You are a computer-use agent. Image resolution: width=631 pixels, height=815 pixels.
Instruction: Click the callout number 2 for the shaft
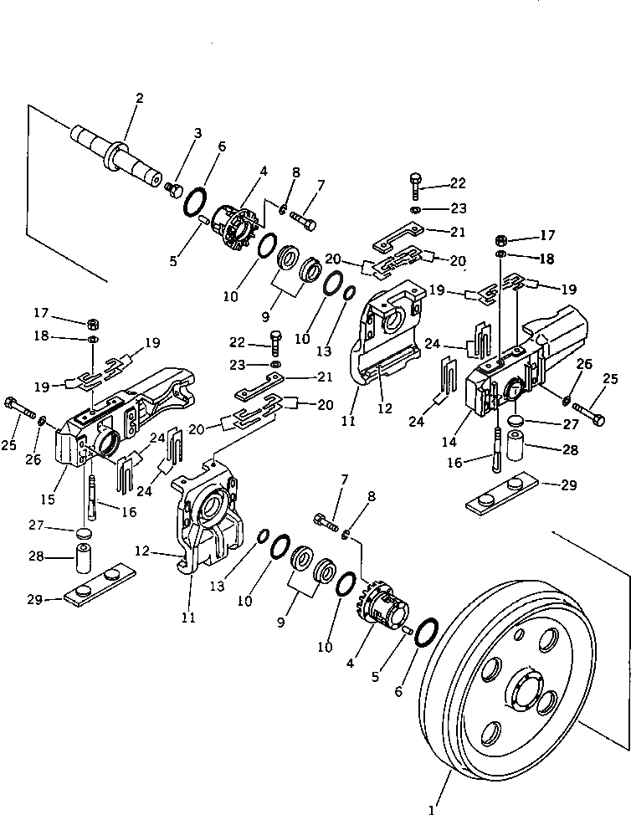click(x=139, y=100)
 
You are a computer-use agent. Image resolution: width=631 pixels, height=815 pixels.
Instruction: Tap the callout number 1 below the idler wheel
click(x=432, y=808)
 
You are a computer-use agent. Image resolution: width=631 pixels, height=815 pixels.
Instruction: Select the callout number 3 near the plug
click(x=198, y=133)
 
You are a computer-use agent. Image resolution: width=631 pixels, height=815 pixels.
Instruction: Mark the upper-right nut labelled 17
click(x=500, y=238)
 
